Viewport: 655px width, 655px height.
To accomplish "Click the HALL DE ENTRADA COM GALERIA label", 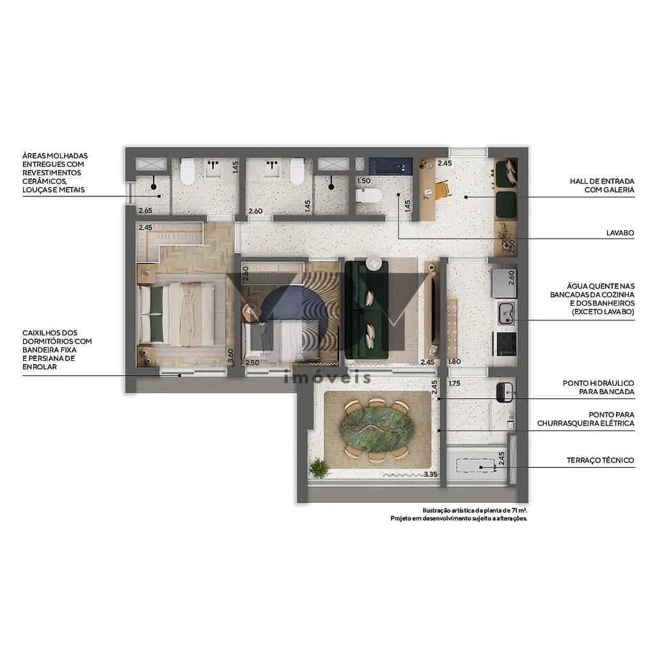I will (602, 185).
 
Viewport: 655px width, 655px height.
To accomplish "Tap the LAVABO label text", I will (620, 233).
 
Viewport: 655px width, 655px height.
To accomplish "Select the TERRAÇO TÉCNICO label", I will (600, 460).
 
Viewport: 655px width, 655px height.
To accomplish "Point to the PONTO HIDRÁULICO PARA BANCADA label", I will (598, 387).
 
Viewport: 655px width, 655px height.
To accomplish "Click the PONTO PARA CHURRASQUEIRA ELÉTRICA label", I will (585, 419).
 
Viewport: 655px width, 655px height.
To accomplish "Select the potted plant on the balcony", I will (318, 469).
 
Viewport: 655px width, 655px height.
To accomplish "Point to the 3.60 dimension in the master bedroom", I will (231, 356).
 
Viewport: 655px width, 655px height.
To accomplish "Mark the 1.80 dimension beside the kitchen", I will (455, 362).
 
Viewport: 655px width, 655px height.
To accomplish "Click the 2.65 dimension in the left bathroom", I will (145, 210).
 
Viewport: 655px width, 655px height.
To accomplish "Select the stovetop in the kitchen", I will (505, 344).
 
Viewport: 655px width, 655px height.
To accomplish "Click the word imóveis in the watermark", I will (327, 377).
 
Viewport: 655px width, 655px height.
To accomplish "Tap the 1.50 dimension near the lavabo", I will (364, 181).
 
